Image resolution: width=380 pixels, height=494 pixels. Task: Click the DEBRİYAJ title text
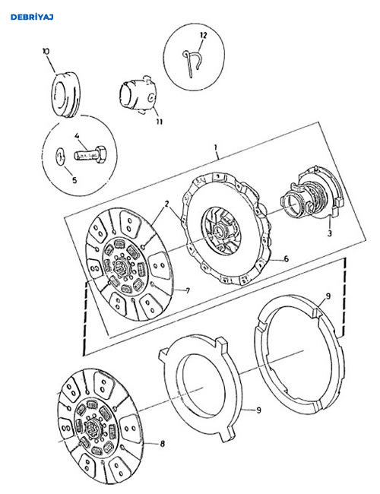click(32, 17)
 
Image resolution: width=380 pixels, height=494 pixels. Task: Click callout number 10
click(46, 52)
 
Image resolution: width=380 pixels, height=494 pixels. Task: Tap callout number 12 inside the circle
click(204, 35)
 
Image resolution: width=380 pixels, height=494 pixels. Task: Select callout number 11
click(160, 122)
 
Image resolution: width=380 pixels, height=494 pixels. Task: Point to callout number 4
click(77, 136)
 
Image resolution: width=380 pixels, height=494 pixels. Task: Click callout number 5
click(74, 180)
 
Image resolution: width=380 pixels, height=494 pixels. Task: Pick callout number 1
click(216, 147)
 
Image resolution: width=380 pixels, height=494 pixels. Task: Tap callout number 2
click(166, 204)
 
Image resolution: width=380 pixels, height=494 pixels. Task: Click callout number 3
click(330, 233)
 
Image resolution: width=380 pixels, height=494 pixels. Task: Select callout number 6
click(286, 259)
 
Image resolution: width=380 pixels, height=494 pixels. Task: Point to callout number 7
click(188, 290)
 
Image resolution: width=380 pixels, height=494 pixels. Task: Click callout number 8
click(163, 444)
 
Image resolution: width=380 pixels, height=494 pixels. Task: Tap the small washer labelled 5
click(60, 157)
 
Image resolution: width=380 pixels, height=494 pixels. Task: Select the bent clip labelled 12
click(193, 63)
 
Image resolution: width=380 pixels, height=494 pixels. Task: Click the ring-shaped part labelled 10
click(65, 95)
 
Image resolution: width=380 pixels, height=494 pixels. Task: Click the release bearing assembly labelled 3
click(312, 195)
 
